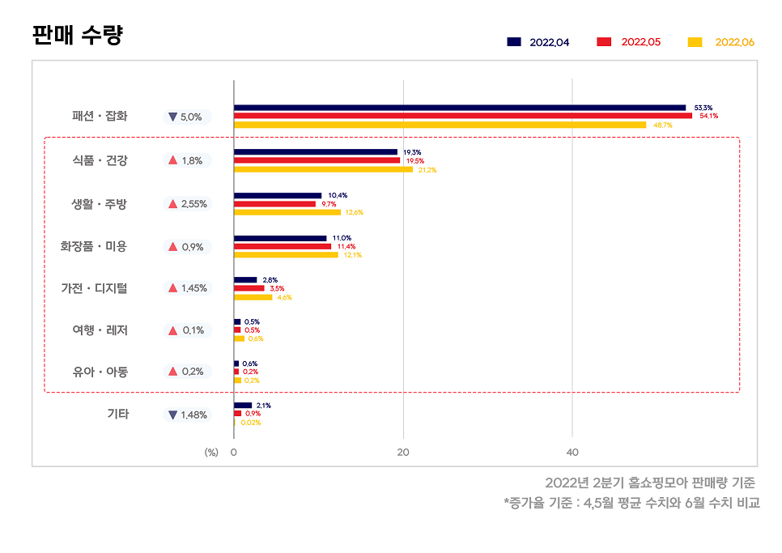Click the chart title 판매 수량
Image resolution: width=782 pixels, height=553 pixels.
click(x=78, y=36)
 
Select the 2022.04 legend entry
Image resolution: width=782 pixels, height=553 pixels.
click(x=538, y=42)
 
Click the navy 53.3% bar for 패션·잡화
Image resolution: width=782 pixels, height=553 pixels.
click(x=459, y=108)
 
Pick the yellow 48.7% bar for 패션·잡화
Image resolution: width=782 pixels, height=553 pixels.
click(x=440, y=125)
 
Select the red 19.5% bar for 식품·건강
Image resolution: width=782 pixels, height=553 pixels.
click(x=317, y=160)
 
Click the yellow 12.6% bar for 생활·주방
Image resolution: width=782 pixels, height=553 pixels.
click(x=287, y=212)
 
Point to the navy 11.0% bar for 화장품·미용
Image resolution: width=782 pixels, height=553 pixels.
click(x=280, y=238)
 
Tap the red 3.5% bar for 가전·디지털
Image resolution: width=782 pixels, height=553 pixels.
click(x=249, y=288)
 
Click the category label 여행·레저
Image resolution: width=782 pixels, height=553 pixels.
click(x=100, y=330)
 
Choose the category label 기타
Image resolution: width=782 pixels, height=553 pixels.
click(x=118, y=414)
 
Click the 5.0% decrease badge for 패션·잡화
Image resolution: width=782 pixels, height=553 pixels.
click(x=187, y=117)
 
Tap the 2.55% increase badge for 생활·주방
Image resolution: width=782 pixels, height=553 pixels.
click(x=187, y=204)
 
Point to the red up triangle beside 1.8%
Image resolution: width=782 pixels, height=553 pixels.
click(x=172, y=160)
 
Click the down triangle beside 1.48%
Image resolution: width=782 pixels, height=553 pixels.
click(x=172, y=415)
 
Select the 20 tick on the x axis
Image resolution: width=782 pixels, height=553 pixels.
click(x=403, y=453)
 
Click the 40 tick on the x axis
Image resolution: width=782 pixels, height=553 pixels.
click(x=572, y=453)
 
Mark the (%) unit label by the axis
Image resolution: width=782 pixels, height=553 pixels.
click(x=211, y=453)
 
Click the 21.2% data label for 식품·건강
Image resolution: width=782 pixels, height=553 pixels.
click(x=427, y=170)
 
